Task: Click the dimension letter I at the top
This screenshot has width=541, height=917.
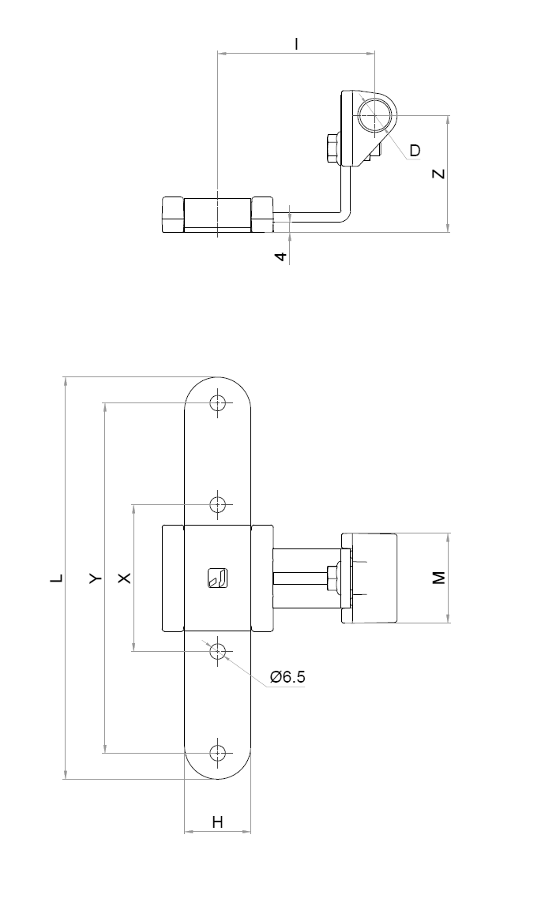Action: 297,44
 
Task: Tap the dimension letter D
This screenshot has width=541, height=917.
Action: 415,150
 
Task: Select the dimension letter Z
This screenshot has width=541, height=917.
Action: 439,174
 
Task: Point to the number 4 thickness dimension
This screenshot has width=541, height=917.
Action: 282,256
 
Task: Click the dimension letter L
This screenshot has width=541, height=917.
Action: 56,578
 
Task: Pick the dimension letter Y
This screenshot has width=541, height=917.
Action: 96,578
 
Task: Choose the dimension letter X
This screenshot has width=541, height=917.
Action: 125,578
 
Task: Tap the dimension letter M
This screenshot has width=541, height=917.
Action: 439,578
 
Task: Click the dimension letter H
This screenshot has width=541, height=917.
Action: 218,822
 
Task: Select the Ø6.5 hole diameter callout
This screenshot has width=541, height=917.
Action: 287,677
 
